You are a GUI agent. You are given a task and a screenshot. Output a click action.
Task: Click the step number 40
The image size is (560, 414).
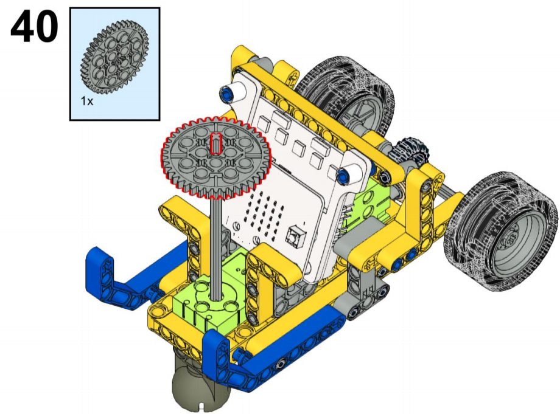(x=34, y=26)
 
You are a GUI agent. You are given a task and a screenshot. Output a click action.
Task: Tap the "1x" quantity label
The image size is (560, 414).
(x=87, y=102)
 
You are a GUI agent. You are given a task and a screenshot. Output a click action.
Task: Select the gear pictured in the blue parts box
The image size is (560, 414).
(x=114, y=57)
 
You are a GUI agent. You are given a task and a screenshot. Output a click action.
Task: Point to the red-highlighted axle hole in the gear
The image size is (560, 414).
(x=216, y=144)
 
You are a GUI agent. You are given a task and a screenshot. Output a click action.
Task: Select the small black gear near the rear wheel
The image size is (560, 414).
(x=410, y=150)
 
